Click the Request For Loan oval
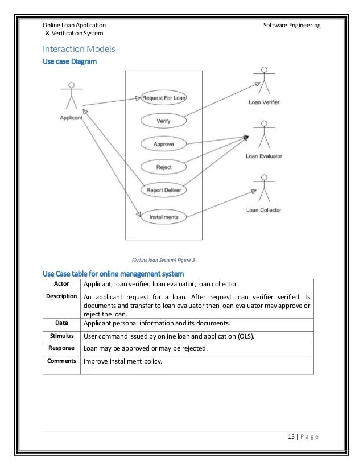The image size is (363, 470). click(x=164, y=98)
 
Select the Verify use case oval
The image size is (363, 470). click(x=164, y=121)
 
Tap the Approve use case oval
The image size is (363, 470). click(x=164, y=144)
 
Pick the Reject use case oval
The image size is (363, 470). click(x=164, y=167)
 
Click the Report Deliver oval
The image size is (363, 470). click(x=164, y=190)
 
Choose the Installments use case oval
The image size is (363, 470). click(x=164, y=217)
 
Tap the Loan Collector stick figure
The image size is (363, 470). click(x=263, y=188)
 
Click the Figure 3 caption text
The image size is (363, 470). click(x=163, y=260)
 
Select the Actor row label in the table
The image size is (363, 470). click(x=62, y=283)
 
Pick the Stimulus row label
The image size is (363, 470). click(x=62, y=336)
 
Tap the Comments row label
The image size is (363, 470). click(x=62, y=360)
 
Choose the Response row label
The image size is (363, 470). click(x=62, y=348)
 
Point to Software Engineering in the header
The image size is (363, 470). click(x=292, y=26)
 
